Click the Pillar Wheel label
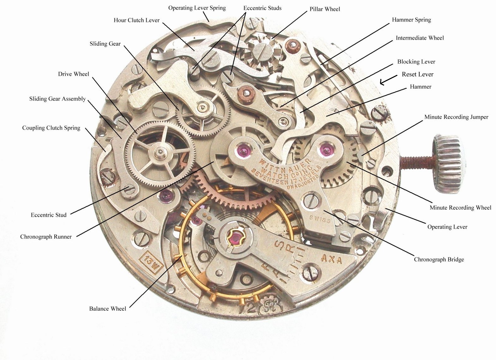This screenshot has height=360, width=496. coord(325,9)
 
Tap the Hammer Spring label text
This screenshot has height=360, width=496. coord(411,20)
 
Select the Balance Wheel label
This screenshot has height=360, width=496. coord(107,309)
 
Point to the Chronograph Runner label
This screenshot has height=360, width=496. coord(46,237)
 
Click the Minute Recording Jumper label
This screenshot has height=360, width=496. coord(456,117)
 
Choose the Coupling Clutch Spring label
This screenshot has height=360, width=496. coord(51,128)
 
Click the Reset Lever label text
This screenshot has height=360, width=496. coord(417,74)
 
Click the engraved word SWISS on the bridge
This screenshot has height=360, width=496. coord(320,219)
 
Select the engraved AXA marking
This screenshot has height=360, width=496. coord(331,259)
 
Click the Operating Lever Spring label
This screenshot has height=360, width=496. coord(197,8)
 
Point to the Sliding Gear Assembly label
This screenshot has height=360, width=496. coord(57,99)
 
